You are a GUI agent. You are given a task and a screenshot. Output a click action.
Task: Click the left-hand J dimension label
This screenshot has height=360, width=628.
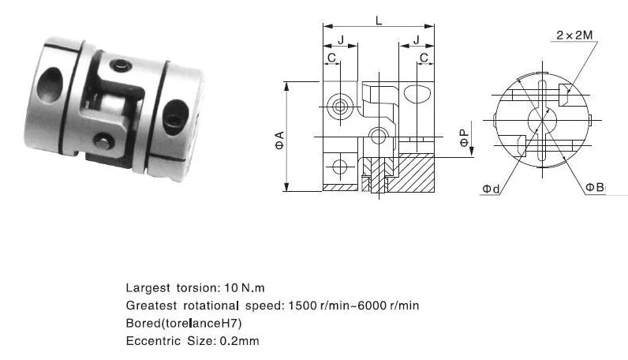pos(340,39)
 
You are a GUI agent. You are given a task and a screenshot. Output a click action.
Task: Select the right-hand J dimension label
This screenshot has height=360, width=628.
pos(416,39)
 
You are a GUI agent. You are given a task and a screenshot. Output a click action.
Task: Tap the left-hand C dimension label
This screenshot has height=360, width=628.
pos(332,58)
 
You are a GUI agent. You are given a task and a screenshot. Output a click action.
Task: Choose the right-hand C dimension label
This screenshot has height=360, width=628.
pos(424,58)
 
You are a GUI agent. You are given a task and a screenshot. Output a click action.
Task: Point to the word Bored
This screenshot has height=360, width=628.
pos(143,324)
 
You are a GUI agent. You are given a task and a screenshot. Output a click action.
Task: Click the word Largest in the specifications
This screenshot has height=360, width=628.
pos(146,287)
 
